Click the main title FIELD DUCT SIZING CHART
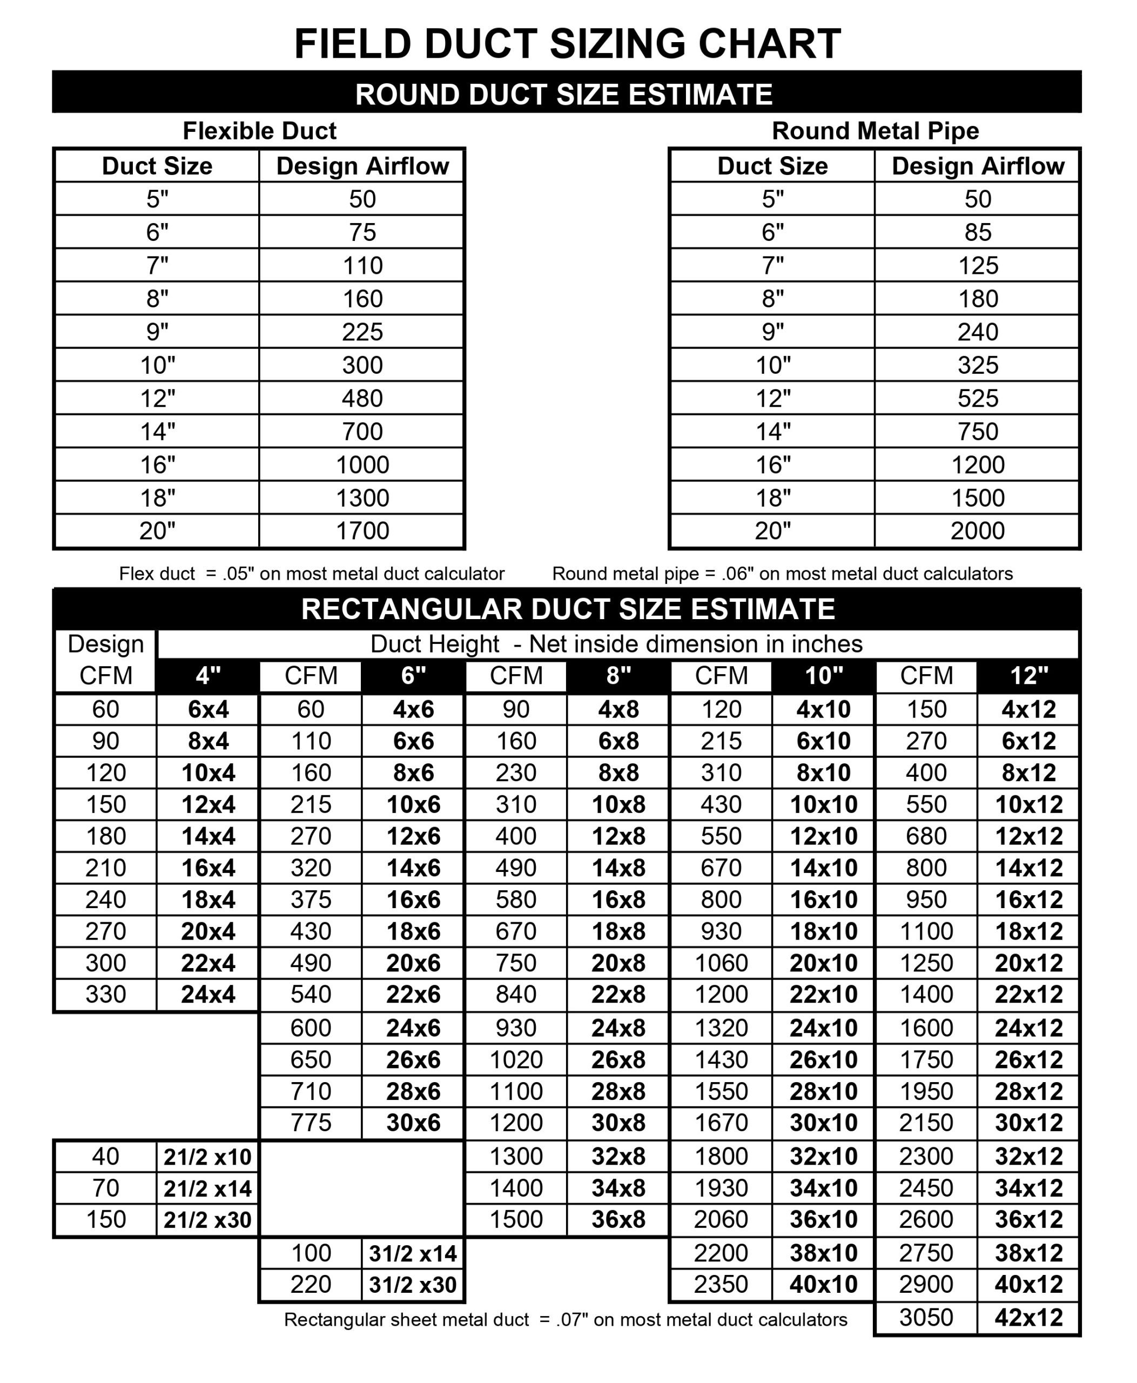click(567, 44)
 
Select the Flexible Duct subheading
click(259, 131)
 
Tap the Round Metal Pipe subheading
click(875, 131)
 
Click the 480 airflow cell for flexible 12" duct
click(362, 398)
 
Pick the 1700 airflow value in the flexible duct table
click(362, 531)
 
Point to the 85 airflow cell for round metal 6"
click(977, 232)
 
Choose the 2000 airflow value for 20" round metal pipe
click(977, 531)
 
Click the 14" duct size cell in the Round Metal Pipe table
click(773, 431)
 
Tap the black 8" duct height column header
click(618, 675)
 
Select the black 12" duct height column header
click(1028, 675)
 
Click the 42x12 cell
click(1028, 1318)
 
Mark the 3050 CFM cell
click(926, 1318)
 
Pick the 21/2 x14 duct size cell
click(207, 1189)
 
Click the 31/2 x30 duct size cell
click(413, 1285)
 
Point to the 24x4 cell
click(207, 995)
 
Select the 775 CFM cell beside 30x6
click(311, 1123)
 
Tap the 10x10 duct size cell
click(823, 804)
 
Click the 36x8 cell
click(618, 1219)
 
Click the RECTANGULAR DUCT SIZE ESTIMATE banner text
click(567, 609)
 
